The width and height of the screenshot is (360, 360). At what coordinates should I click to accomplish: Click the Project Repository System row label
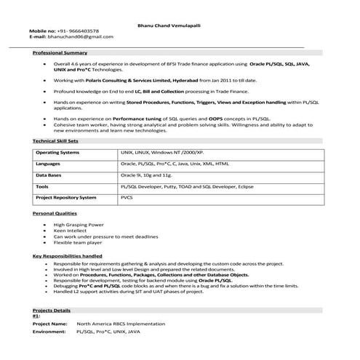click(65, 197)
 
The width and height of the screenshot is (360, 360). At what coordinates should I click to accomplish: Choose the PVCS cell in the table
click(127, 197)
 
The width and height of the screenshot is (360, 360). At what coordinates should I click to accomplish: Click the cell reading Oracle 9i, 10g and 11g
click(145, 175)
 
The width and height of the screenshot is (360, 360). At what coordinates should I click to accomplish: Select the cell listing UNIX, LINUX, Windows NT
click(161, 153)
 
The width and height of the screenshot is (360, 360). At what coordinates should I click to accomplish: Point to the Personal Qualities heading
click(55, 213)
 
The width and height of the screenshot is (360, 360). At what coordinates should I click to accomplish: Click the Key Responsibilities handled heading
click(68, 256)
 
